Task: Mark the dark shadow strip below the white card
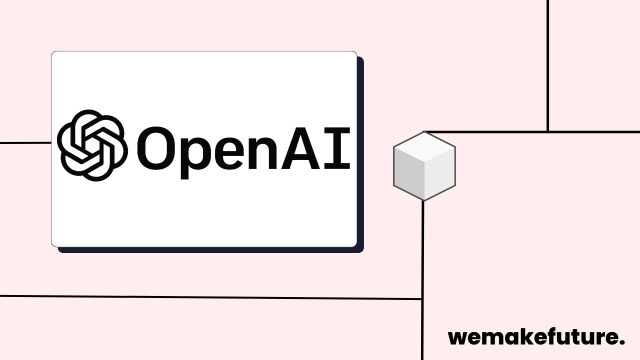pos(210,250)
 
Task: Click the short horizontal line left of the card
pos(25,143)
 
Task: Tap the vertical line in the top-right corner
pos(548,65)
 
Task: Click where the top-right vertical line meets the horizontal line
pos(548,131)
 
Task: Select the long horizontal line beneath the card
pos(210,297)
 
